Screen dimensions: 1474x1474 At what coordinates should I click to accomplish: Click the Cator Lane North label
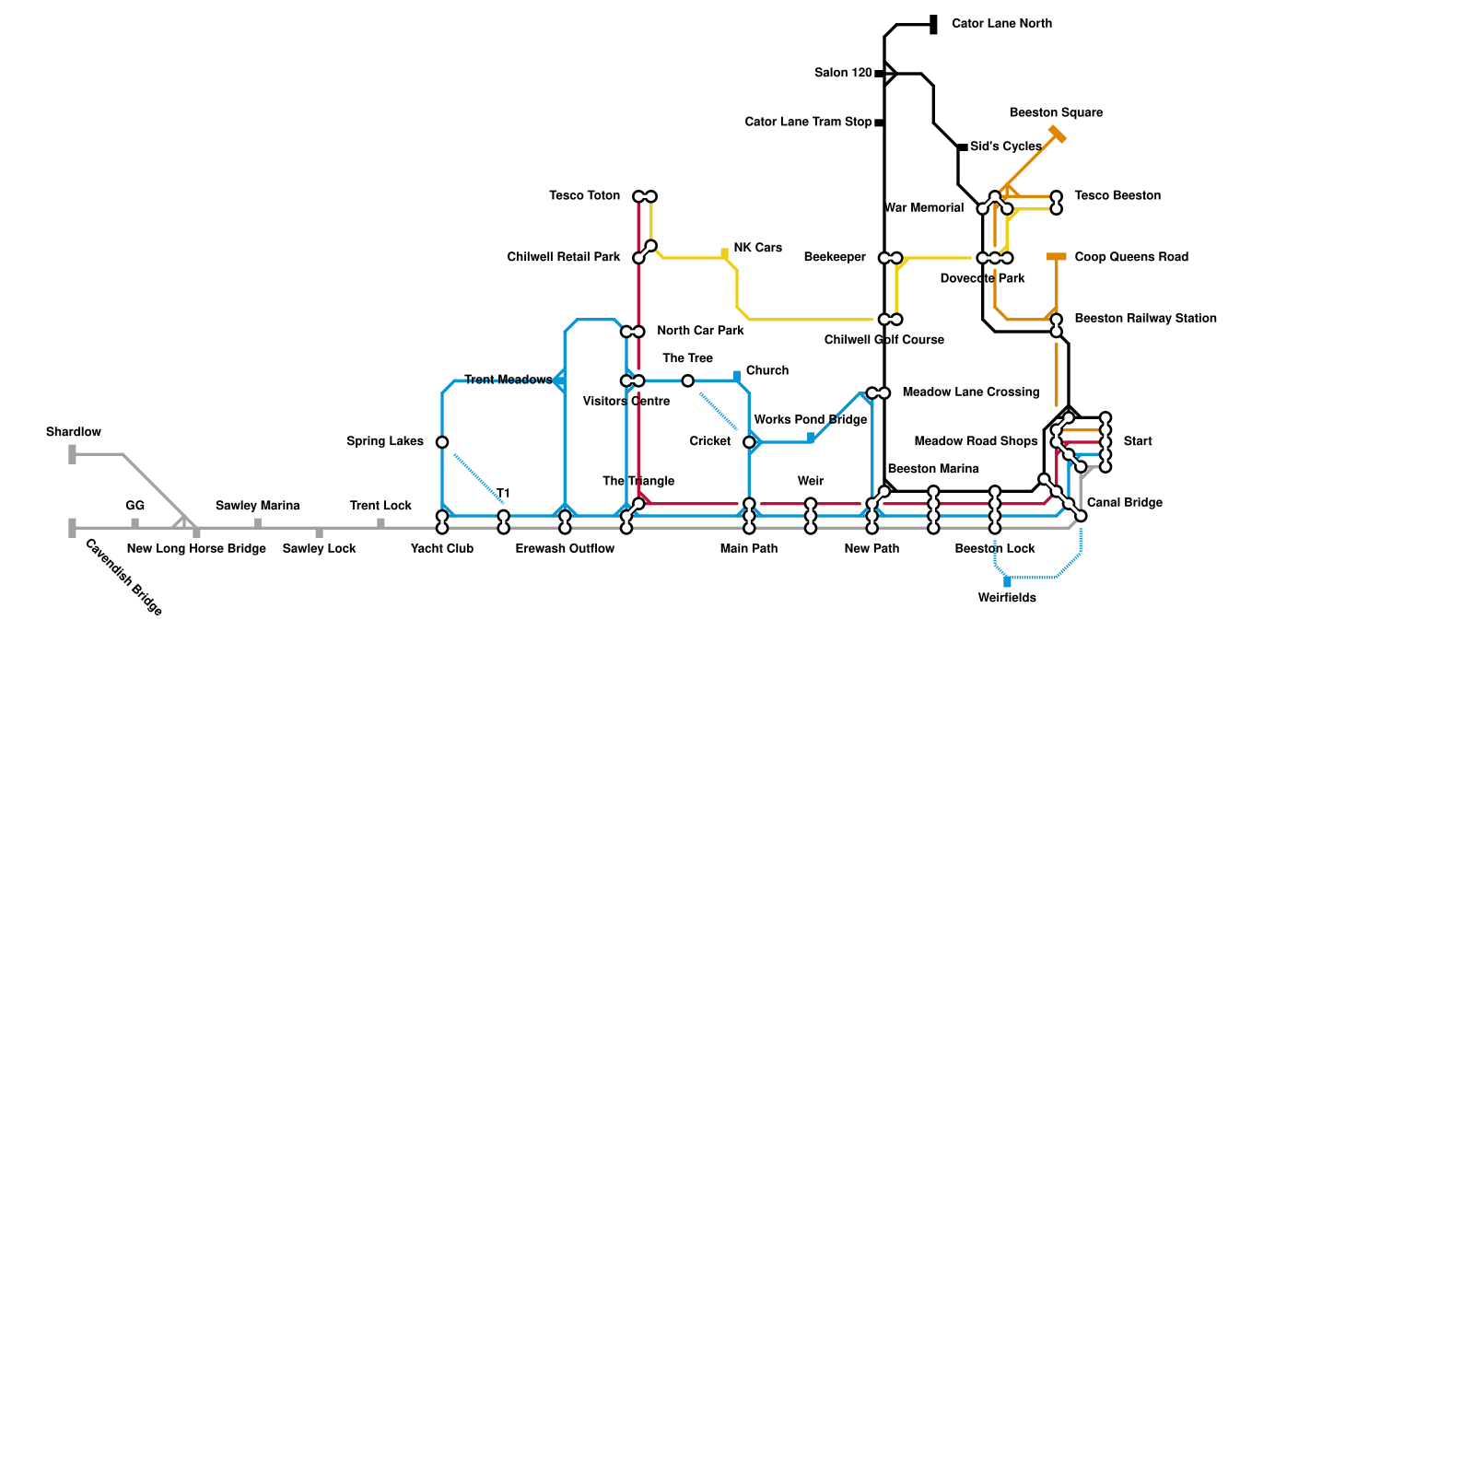click(x=1001, y=24)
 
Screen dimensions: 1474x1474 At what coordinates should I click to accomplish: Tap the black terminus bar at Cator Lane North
click(x=933, y=25)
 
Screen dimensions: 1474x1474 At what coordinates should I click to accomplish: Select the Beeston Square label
click(x=1056, y=113)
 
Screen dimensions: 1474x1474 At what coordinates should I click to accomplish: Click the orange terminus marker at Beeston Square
click(x=1057, y=135)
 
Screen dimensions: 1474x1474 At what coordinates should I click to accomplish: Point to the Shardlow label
click(x=74, y=433)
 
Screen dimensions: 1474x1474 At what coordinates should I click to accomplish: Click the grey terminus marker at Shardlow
click(x=72, y=454)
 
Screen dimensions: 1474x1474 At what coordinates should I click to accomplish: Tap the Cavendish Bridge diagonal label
click(x=123, y=578)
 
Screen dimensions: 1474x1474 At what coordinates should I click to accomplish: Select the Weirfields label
click(x=1007, y=599)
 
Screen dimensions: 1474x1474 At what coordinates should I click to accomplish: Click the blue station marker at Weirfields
click(x=1007, y=581)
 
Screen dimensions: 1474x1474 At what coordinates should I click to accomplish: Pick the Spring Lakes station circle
click(x=442, y=442)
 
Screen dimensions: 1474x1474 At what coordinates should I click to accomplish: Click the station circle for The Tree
click(x=687, y=380)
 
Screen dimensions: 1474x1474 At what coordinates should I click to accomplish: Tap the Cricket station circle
click(x=749, y=442)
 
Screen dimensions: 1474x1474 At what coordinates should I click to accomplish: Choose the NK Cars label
click(x=757, y=249)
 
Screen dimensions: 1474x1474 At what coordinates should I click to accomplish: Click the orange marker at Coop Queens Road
click(x=1057, y=257)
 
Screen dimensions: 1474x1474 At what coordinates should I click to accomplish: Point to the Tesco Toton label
click(x=584, y=196)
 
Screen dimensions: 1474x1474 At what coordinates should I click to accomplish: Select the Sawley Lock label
click(x=319, y=549)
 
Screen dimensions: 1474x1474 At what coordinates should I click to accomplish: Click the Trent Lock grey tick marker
click(x=380, y=523)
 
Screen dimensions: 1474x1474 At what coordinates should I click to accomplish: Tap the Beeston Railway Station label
click(x=1145, y=319)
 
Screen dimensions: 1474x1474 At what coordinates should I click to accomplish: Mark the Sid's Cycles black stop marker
click(x=963, y=147)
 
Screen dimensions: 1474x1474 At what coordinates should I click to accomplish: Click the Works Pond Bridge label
click(x=810, y=420)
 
